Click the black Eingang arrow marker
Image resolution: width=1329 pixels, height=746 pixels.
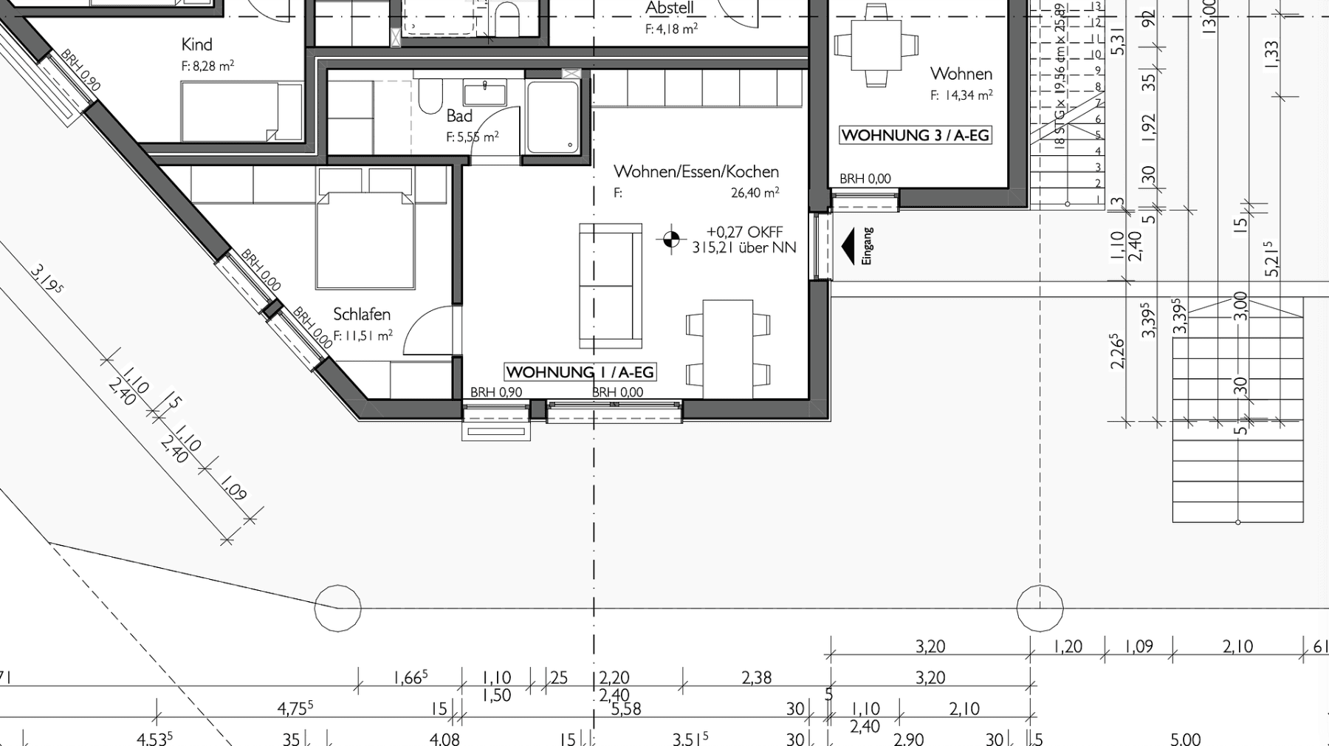point(848,246)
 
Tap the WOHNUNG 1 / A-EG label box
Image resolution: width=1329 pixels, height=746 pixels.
point(580,372)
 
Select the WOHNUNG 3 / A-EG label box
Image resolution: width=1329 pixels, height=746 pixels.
point(915,135)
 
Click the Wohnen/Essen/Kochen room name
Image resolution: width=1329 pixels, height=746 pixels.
point(696,171)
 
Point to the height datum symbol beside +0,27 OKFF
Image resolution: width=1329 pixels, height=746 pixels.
point(671,239)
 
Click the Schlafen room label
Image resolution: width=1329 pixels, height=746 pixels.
point(361,314)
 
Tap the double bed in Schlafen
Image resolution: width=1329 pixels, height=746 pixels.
point(365,236)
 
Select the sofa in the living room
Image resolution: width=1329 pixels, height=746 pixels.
point(611,286)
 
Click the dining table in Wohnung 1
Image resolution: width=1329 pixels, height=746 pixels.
point(728,349)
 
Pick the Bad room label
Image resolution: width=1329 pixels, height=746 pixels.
point(459,116)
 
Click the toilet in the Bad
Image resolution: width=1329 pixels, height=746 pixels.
point(430,97)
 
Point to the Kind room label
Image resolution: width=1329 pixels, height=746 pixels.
point(196,44)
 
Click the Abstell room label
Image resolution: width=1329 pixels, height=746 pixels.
point(669,8)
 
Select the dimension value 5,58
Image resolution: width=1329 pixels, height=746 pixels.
point(626,709)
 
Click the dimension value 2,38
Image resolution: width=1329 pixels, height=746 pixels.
point(756,677)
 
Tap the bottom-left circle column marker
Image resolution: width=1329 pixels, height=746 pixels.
point(337,608)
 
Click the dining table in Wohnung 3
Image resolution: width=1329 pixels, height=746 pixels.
point(876,44)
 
